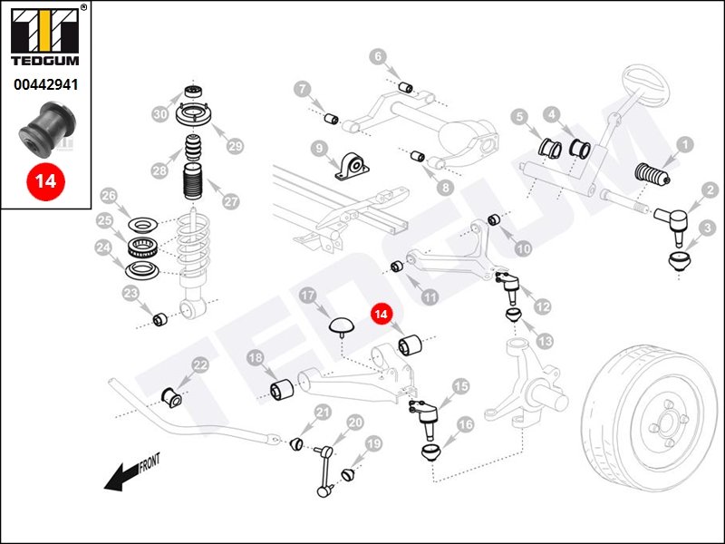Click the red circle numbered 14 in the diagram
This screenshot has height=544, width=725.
[x=381, y=314]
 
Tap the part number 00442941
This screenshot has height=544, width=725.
[x=46, y=84]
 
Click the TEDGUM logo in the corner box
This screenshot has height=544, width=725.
[x=45, y=36]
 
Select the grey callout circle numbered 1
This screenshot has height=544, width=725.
[x=685, y=145]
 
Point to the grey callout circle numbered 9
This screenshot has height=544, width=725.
[x=319, y=149]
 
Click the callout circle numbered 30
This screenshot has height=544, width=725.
[x=160, y=114]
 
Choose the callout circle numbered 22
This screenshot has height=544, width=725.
[x=200, y=365]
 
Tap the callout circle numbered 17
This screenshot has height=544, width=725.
[x=308, y=296]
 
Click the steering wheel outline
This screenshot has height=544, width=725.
[x=646, y=88]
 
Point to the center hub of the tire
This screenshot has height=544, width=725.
[x=667, y=423]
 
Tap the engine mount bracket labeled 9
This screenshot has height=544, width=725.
[x=352, y=166]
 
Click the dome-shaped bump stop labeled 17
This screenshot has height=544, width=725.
[x=342, y=325]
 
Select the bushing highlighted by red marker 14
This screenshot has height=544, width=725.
[x=411, y=345]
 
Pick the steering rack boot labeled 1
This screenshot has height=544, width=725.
[x=652, y=174]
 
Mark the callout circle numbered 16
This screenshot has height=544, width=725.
[x=465, y=424]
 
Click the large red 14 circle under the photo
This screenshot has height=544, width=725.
[x=45, y=180]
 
